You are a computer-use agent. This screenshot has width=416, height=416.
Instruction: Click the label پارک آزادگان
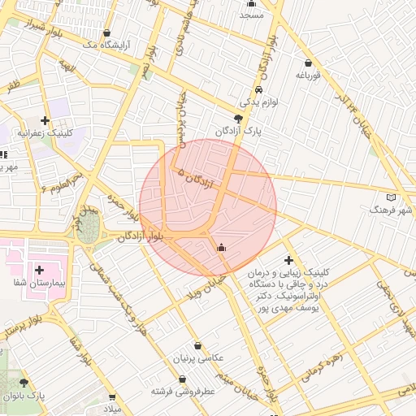click(236, 132)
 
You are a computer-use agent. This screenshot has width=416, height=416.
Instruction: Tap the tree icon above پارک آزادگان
click(237, 119)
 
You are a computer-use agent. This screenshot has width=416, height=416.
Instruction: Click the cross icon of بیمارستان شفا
click(39, 269)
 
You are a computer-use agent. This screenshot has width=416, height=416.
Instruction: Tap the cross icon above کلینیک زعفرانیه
click(45, 119)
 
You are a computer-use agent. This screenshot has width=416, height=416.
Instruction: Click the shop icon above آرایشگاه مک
click(107, 33)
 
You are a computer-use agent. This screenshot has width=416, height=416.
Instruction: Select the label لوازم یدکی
click(259, 103)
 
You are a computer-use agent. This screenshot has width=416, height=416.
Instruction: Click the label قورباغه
click(310, 76)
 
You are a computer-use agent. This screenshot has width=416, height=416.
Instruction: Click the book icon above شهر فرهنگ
click(392, 197)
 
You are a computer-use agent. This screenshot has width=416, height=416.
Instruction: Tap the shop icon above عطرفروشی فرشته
click(182, 379)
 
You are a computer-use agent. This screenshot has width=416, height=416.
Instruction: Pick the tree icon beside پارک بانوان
click(23, 383)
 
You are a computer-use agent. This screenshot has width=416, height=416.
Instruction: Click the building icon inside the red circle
click(221, 247)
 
